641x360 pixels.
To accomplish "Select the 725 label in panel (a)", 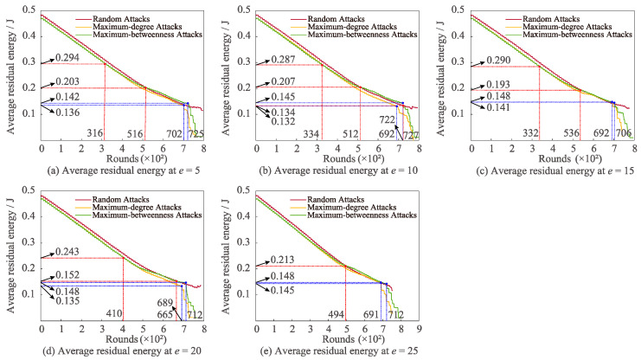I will click(196, 134).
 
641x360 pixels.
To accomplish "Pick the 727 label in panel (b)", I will click(410, 136).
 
